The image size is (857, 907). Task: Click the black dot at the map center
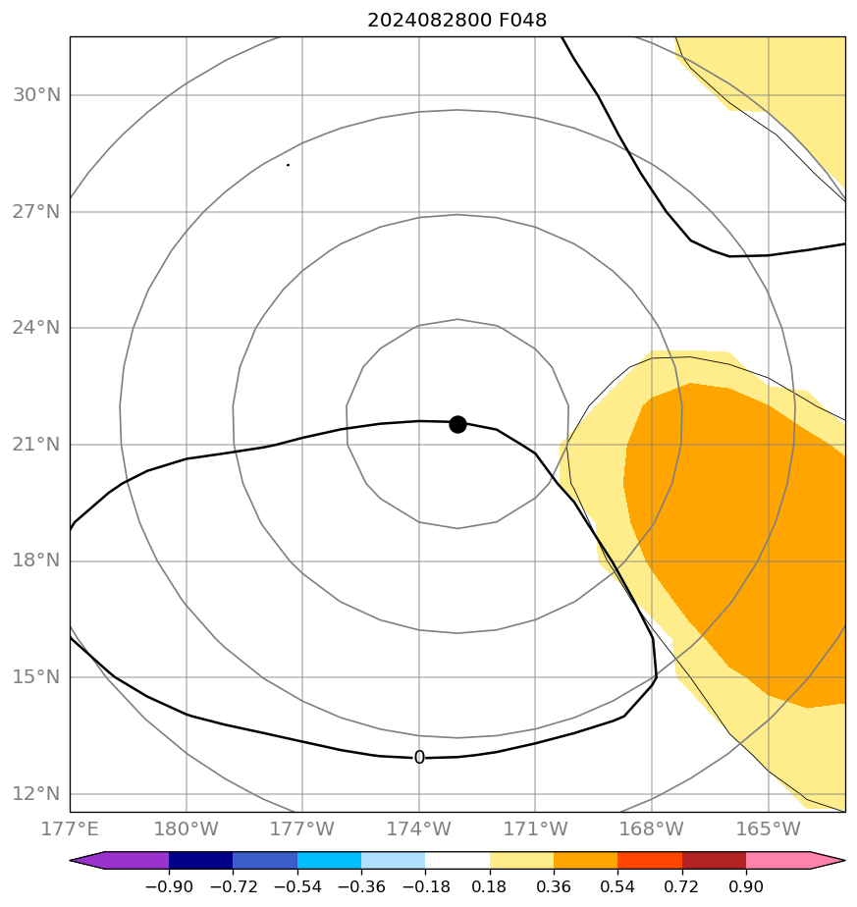point(457,424)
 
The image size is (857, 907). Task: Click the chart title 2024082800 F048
point(456,20)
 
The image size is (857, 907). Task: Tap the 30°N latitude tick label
point(36,95)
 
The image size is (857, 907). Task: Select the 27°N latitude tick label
point(36,212)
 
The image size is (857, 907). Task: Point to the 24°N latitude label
point(36,328)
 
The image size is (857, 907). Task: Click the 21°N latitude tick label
point(36,445)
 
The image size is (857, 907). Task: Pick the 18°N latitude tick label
point(36,561)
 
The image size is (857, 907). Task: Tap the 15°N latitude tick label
point(36,677)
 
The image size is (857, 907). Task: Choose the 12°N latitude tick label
point(36,794)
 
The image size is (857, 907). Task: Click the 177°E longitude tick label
point(71,828)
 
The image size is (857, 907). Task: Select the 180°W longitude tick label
point(187,828)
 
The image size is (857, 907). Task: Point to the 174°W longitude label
point(419,828)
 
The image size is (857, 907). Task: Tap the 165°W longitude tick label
point(768,828)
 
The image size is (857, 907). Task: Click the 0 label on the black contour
point(419,758)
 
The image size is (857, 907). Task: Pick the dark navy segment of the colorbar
point(200,861)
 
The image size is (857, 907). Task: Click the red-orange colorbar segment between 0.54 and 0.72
point(650,861)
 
